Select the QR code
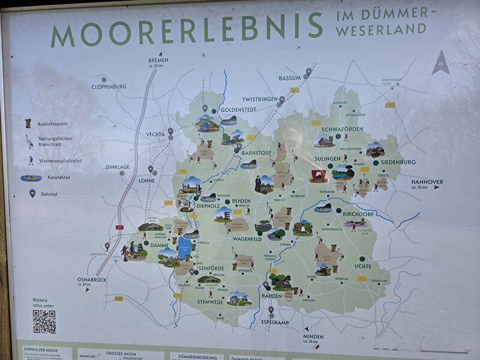point(44,322)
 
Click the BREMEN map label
point(158,61)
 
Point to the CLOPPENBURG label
point(109,86)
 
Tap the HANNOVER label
point(427,182)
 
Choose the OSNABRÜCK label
point(92,279)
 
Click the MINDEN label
point(313,337)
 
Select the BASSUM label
point(289,78)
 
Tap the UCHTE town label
point(363,266)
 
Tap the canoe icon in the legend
point(31,178)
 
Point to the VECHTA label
point(155,134)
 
